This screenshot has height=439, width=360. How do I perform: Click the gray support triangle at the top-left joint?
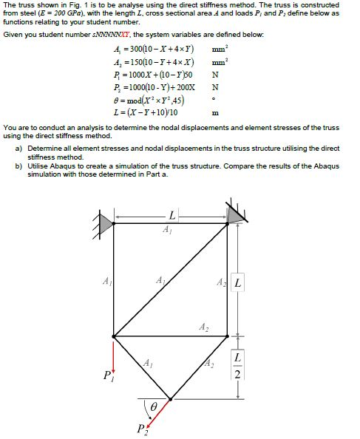(106, 219)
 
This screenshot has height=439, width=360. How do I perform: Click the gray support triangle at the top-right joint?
(236, 214)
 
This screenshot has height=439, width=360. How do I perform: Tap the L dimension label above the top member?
(171, 217)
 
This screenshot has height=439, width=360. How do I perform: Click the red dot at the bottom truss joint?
(171, 399)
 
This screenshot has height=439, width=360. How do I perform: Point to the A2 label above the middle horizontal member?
(203, 327)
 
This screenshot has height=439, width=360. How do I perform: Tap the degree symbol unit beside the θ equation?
(214, 100)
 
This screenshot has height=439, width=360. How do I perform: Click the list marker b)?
(18, 166)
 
